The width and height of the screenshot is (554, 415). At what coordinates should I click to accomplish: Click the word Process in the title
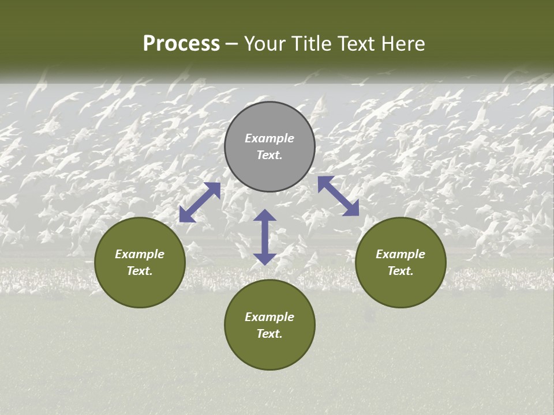tap(181, 44)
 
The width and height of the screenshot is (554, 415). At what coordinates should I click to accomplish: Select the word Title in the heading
tap(313, 44)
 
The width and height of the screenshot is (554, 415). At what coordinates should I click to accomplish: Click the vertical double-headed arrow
tap(265, 237)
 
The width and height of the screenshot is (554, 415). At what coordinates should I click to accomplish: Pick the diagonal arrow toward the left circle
tap(200, 202)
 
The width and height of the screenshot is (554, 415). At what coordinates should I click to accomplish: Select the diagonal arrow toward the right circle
tap(338, 196)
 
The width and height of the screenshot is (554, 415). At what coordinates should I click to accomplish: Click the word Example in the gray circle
tap(269, 138)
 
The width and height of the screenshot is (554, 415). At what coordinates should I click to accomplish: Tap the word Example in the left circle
tap(140, 254)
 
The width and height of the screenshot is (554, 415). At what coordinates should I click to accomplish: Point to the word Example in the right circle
tap(400, 254)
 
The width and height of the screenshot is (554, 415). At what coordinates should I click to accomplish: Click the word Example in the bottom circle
tap(269, 317)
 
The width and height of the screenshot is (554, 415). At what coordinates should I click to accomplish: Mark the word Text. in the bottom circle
tap(269, 334)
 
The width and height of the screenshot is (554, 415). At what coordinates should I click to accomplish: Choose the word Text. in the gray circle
tap(269, 155)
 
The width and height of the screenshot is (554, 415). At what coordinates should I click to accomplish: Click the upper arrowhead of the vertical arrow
tap(265, 216)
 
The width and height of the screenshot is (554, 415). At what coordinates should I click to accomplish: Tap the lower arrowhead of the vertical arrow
tap(265, 258)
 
